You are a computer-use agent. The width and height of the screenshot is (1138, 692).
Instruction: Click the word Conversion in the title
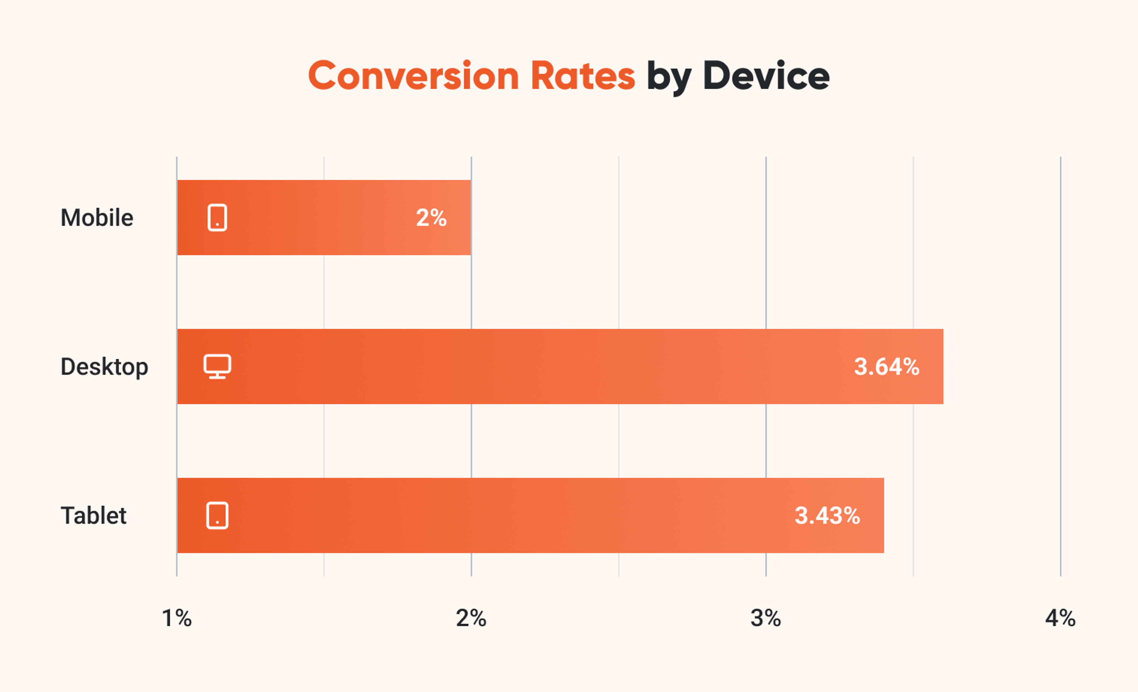(413, 76)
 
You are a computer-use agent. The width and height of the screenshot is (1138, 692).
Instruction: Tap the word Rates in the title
(583, 76)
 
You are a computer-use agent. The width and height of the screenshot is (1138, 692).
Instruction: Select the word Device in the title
(766, 76)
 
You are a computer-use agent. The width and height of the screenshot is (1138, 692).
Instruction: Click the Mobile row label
(97, 218)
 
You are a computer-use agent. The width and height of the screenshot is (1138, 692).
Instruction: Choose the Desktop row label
(104, 367)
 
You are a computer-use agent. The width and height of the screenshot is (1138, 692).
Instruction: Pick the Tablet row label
(93, 516)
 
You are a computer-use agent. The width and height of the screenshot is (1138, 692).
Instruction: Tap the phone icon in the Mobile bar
(217, 218)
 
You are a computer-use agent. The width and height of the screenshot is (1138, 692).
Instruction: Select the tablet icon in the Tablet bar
(217, 516)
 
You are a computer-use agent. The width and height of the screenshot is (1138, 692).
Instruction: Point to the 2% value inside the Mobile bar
(431, 218)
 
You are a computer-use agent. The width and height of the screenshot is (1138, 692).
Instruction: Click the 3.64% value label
(886, 367)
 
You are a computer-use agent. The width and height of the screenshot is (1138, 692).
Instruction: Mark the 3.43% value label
(827, 516)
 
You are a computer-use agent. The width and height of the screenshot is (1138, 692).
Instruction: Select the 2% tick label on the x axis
(471, 618)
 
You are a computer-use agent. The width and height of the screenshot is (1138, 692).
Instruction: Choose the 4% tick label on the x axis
(1060, 618)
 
